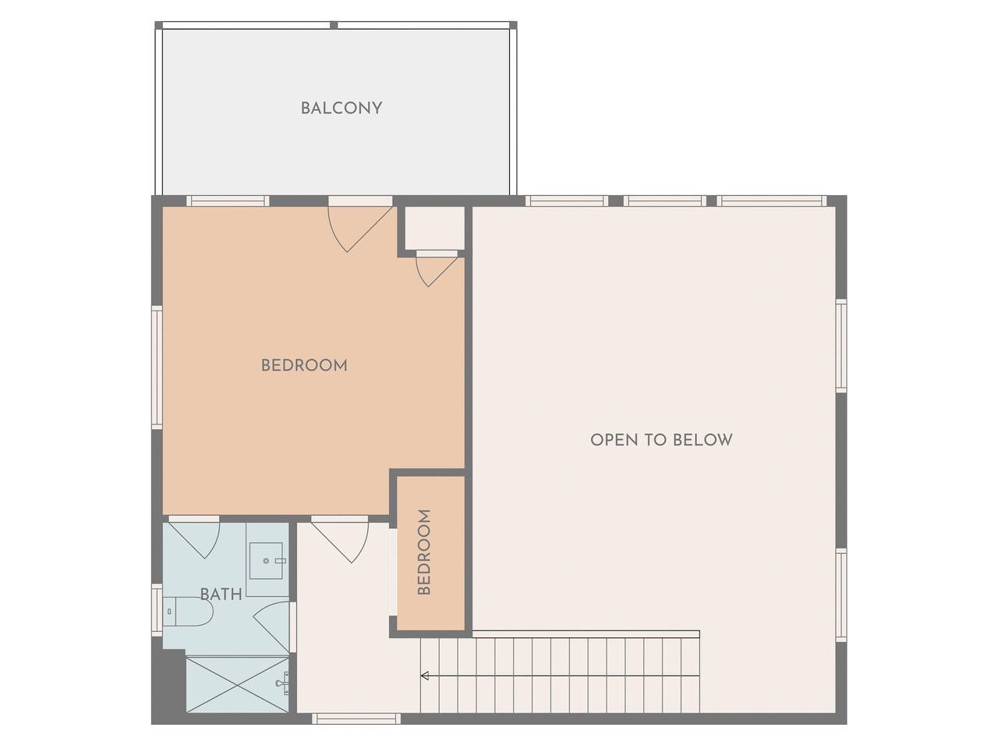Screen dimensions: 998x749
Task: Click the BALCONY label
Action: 341,108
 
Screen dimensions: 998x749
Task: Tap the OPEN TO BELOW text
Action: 661,440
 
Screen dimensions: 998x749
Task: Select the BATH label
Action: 221,594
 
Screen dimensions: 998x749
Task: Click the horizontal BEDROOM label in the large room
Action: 304,365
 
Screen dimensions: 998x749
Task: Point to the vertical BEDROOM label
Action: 423,552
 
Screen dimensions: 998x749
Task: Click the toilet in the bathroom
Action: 188,612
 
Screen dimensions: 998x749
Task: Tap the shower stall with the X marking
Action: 237,683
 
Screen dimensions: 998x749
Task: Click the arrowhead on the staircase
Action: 425,676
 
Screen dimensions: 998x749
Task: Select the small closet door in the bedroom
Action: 437,268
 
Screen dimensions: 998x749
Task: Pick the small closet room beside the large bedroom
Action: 434,228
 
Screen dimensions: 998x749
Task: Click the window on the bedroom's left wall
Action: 157,367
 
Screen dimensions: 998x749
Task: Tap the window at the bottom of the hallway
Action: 356,718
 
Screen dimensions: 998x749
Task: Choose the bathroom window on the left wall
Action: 157,610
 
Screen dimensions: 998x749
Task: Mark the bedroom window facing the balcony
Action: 228,201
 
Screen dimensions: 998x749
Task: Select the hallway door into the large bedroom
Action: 340,539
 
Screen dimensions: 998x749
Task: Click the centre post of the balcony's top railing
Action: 334,25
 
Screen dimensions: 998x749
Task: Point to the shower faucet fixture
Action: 283,683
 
